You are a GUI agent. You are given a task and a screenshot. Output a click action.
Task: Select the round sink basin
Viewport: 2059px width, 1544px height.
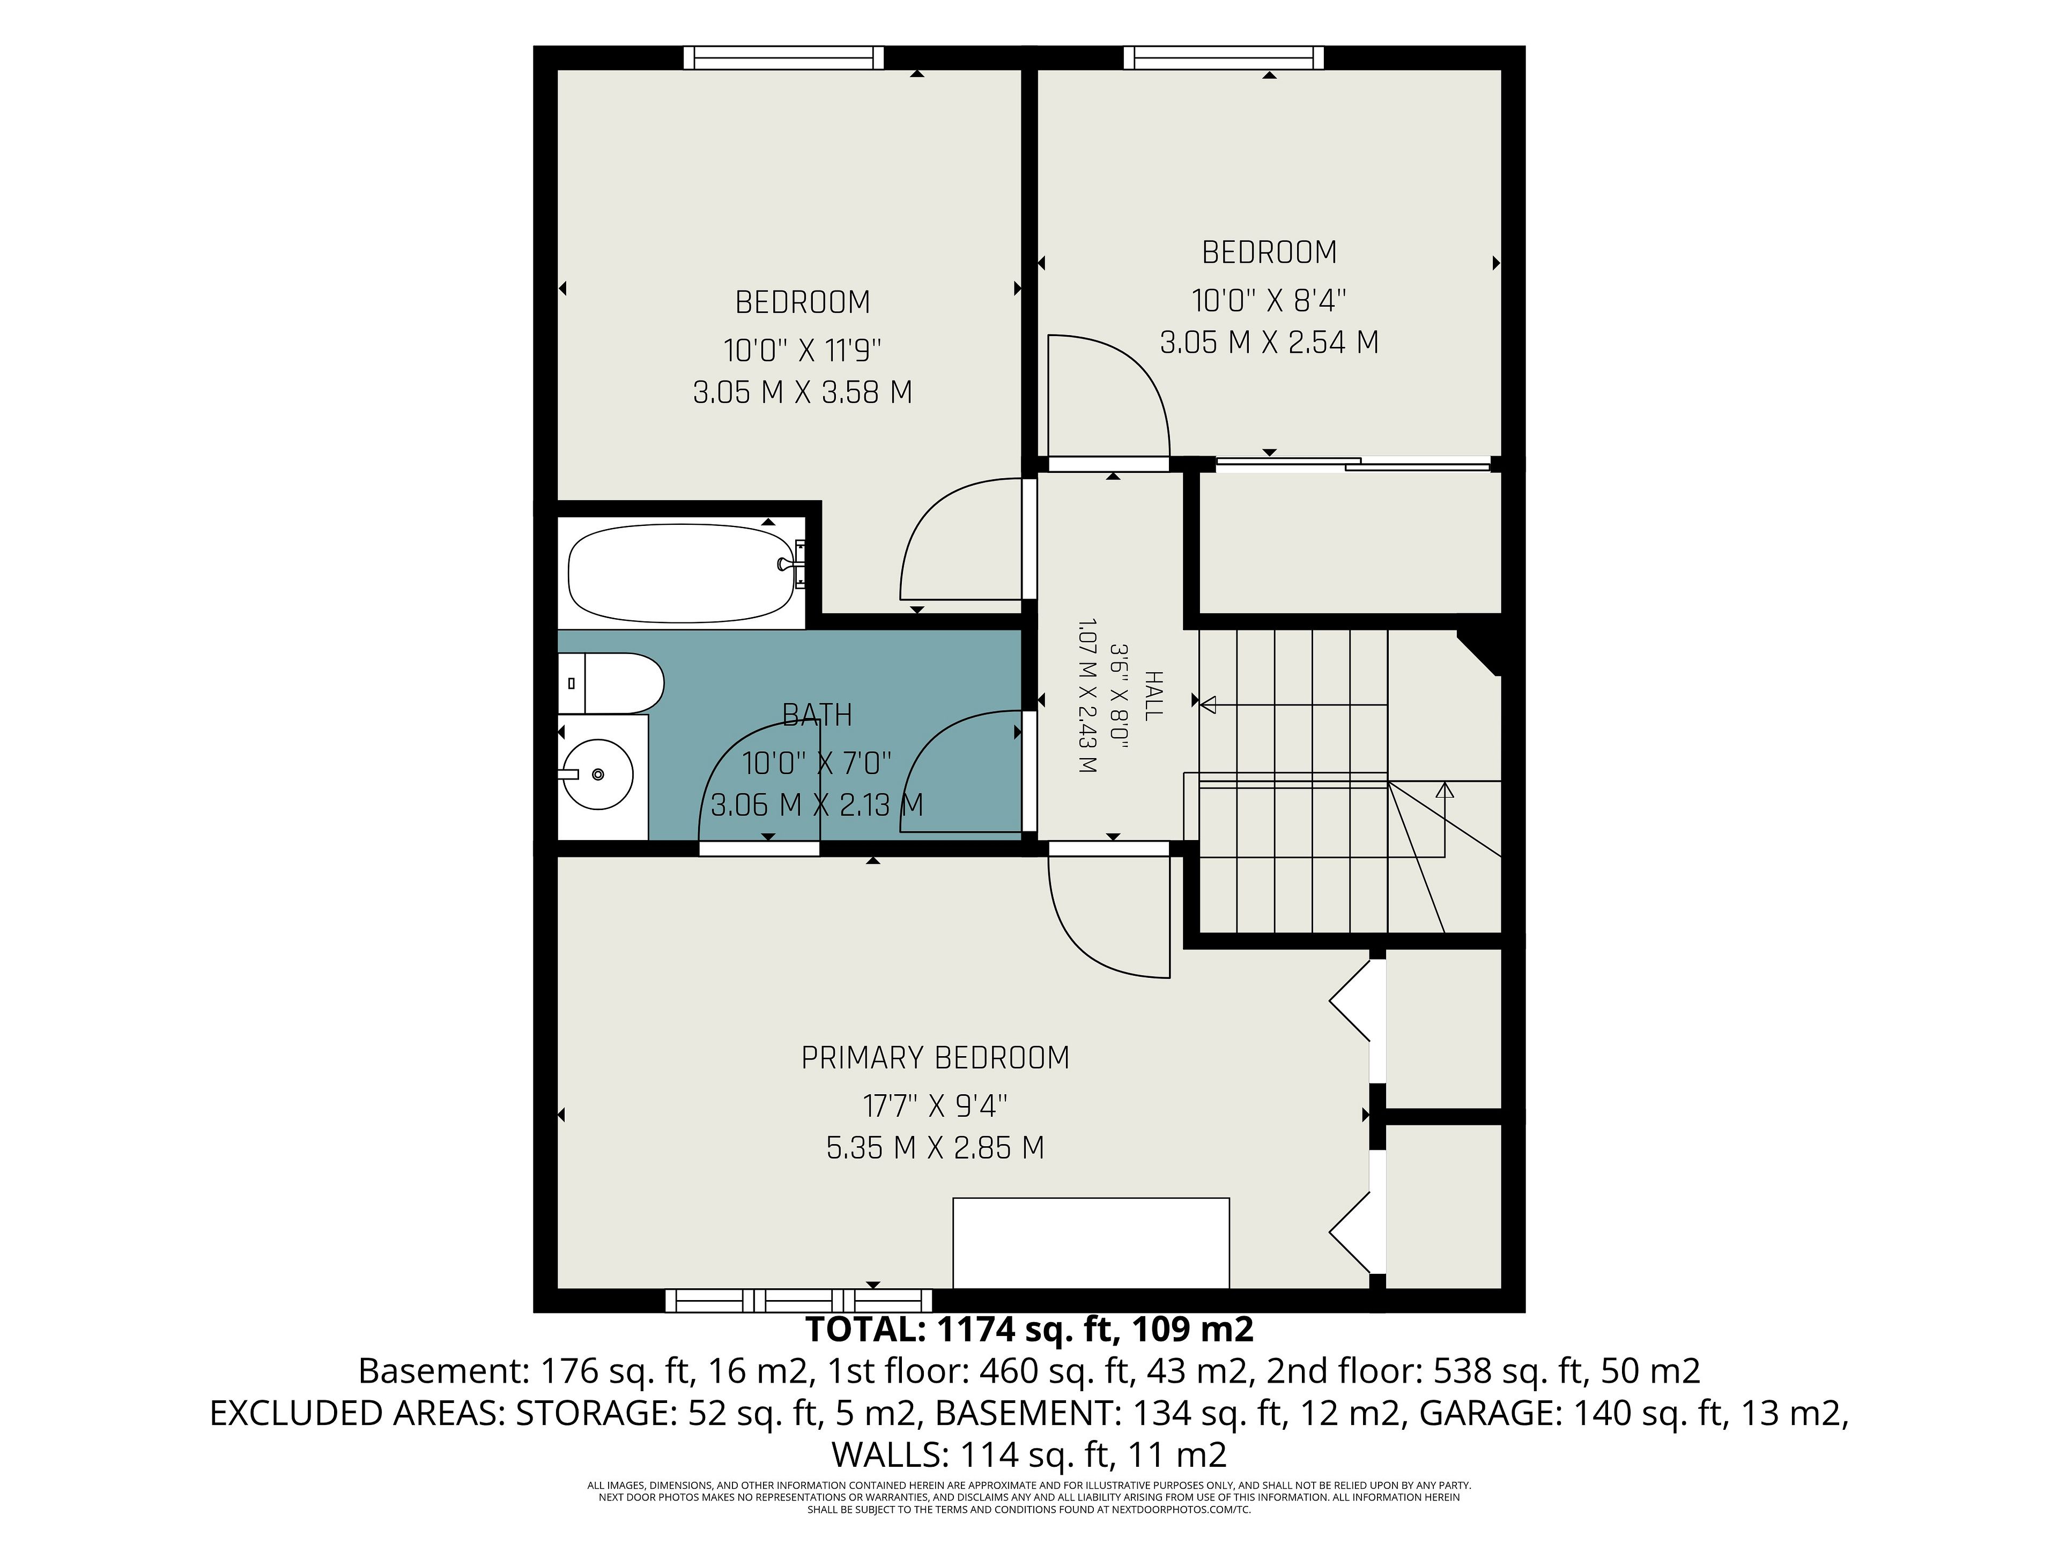click(597, 774)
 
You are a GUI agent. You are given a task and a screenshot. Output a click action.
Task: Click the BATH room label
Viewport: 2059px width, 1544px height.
click(817, 715)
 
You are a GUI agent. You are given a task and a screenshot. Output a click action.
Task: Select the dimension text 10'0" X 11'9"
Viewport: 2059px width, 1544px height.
click(802, 351)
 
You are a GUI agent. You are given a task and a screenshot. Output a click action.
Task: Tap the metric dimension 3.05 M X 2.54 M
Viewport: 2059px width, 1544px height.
click(1269, 343)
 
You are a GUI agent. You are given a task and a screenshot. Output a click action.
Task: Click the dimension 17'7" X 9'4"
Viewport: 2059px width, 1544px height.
click(936, 1107)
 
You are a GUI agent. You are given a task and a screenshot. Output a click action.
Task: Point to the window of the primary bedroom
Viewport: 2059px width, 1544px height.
click(798, 1300)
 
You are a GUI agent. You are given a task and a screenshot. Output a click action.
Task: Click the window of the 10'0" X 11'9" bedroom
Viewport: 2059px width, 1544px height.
click(784, 58)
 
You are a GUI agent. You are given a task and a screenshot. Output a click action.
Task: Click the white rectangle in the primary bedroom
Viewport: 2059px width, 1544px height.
click(1091, 1243)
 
